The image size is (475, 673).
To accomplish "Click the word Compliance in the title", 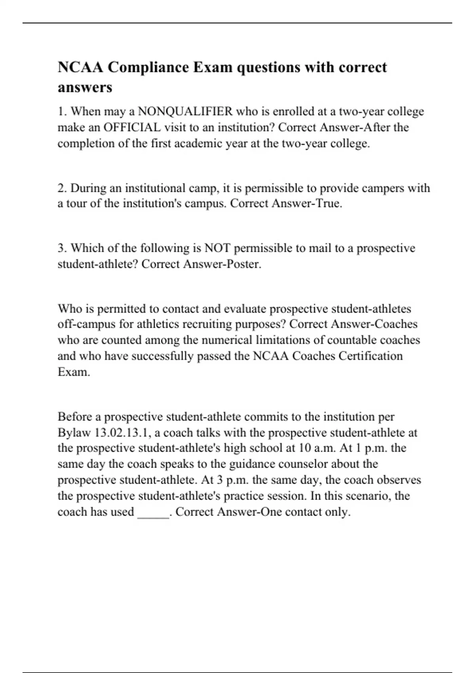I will (x=148, y=67).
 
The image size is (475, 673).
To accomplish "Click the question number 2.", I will (x=62, y=188).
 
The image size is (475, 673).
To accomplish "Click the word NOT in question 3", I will (x=217, y=248).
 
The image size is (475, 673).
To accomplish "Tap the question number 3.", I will (x=62, y=248).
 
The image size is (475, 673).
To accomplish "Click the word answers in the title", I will (x=85, y=87).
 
